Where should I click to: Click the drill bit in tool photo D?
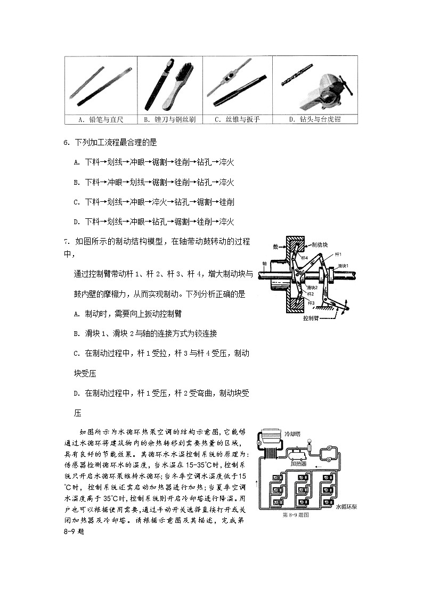coord(296,83)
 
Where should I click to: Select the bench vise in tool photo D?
coord(328,91)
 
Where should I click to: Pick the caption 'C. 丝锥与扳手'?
coord(237,119)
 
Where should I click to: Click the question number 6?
coord(66,143)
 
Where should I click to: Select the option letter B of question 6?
coord(77,182)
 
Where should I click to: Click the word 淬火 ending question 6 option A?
coord(226,162)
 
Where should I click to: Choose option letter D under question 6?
coord(77,222)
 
